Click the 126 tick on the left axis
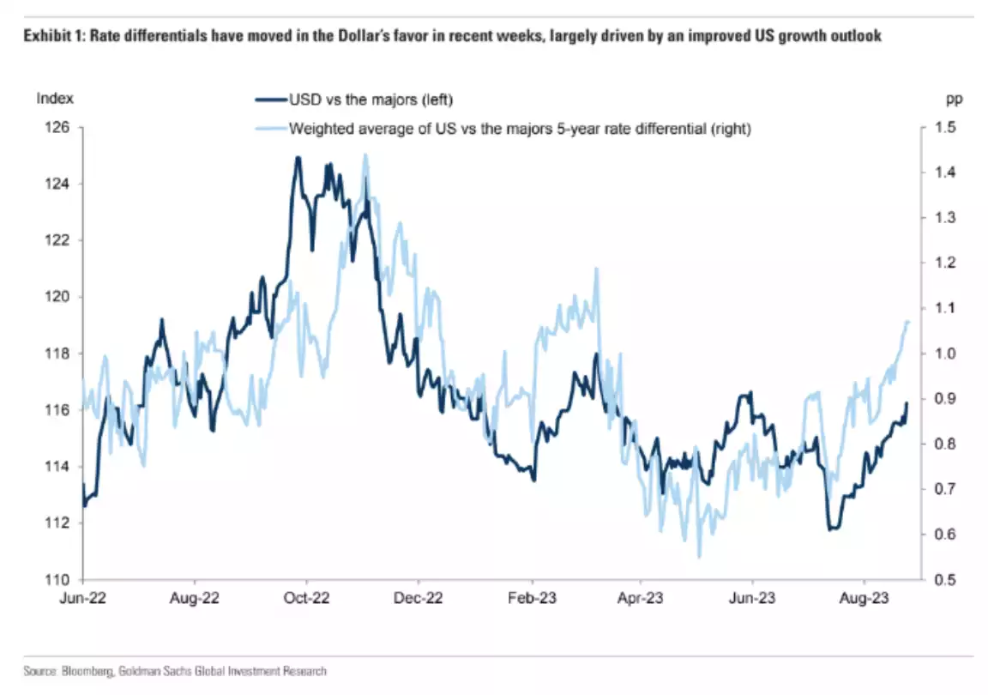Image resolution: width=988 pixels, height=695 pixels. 58,128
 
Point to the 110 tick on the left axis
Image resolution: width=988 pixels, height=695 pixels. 58,580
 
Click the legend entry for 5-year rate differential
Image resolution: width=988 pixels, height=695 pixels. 520,130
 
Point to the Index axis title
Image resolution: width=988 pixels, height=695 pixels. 55,98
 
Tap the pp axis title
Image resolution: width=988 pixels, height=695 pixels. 954,98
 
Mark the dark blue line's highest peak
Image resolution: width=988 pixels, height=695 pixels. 298,158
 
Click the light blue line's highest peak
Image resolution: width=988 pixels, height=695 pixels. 365,155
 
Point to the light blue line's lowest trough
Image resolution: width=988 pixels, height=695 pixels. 699,557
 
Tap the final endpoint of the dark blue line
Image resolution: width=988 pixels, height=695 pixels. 907,403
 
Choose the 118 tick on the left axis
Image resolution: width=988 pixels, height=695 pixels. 58,354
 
